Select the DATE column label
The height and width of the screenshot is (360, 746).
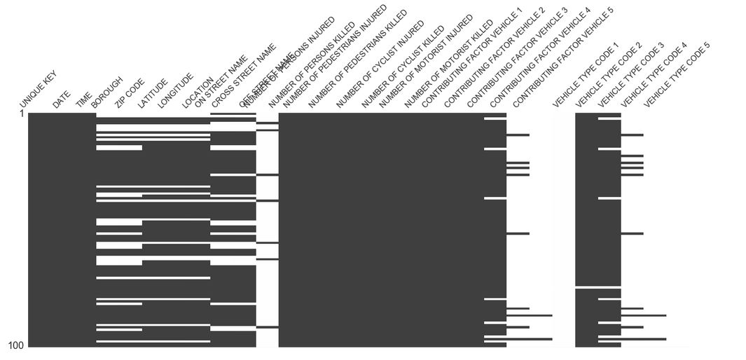point(62,99)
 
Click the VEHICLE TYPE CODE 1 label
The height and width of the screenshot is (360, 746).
point(586,75)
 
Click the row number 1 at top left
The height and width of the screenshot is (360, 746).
point(22,113)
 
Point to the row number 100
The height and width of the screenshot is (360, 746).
point(17,345)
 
